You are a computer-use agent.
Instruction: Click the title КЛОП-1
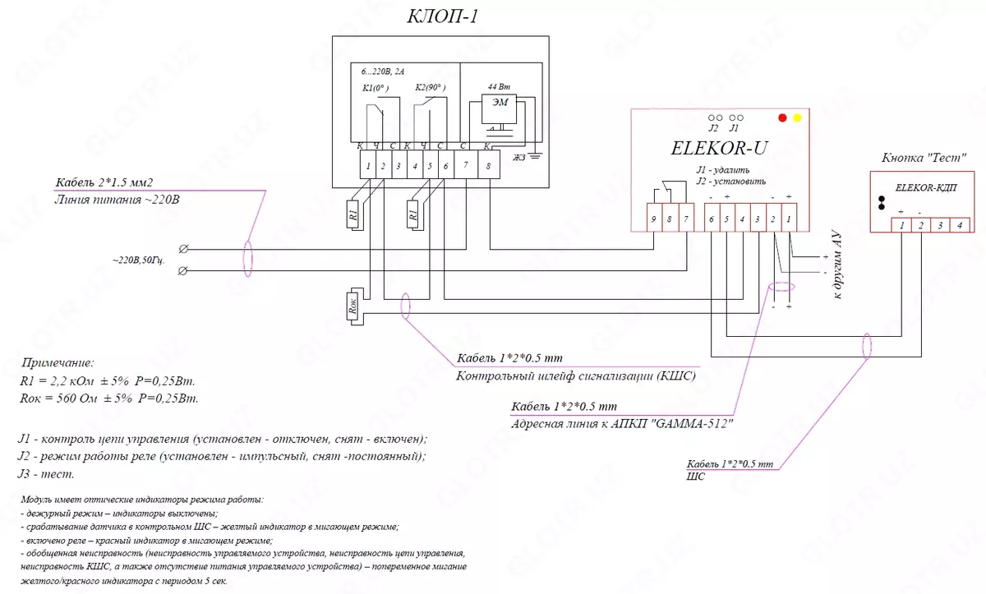pos(442,16)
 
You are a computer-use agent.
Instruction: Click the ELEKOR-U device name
pos(719,150)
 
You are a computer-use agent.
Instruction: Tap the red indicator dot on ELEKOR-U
pos(783,118)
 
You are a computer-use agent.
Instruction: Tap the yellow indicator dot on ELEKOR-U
pos(797,118)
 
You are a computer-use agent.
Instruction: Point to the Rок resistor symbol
pos(353,307)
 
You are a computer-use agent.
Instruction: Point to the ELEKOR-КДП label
pos(924,188)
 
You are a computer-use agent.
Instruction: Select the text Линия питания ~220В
pos(117,199)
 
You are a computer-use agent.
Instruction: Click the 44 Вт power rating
pos(498,87)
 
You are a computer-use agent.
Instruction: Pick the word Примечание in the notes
pos(58,362)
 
